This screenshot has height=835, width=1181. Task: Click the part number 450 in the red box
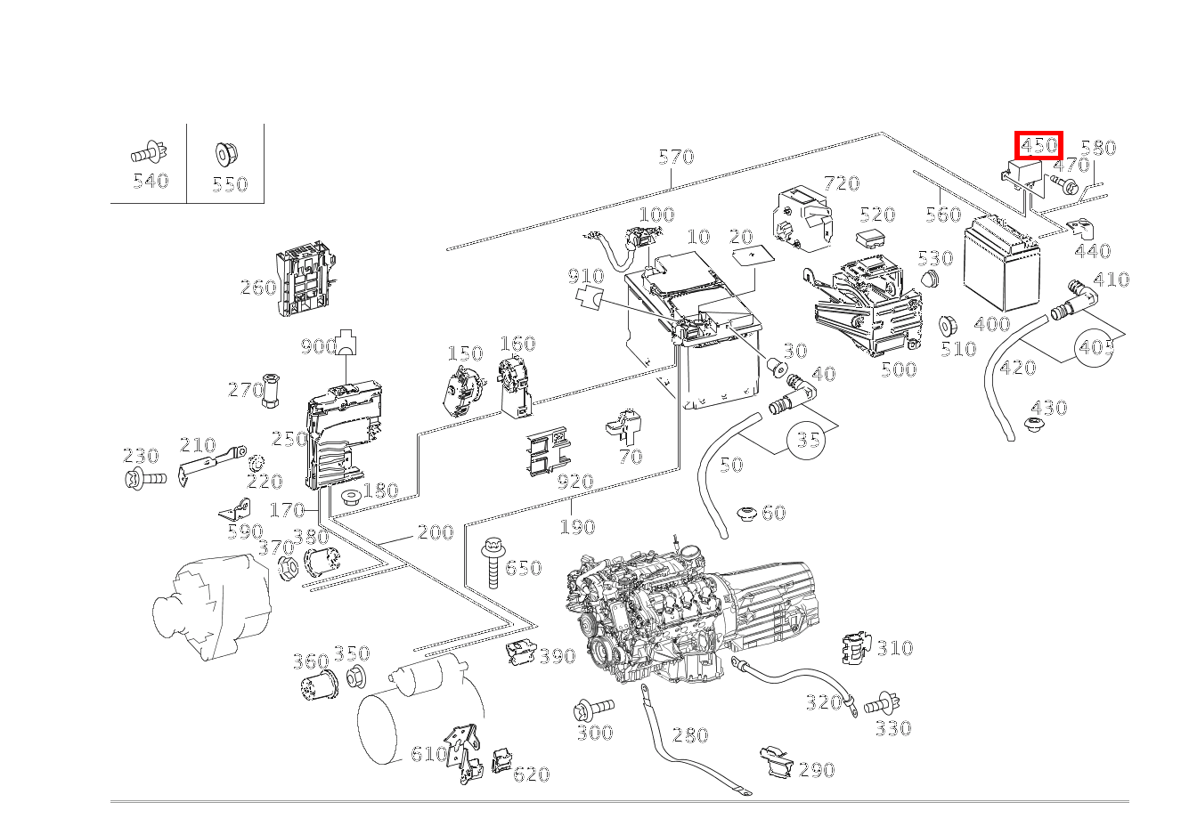coord(1038,145)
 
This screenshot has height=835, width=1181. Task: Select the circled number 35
coord(807,440)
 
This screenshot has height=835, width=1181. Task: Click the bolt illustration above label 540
coord(148,154)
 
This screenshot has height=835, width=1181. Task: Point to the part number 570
coord(675,158)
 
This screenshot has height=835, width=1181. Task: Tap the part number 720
coord(841,183)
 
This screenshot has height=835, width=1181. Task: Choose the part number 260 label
coord(257,288)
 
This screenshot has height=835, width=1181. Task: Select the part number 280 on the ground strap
coord(689,735)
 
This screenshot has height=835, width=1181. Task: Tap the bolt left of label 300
coord(593,709)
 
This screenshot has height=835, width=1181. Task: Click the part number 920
coord(574,482)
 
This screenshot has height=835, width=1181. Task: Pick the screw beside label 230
coord(144,479)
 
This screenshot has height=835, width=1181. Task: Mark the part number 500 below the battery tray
coord(898,369)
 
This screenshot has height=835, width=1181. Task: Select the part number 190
coord(576,527)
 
